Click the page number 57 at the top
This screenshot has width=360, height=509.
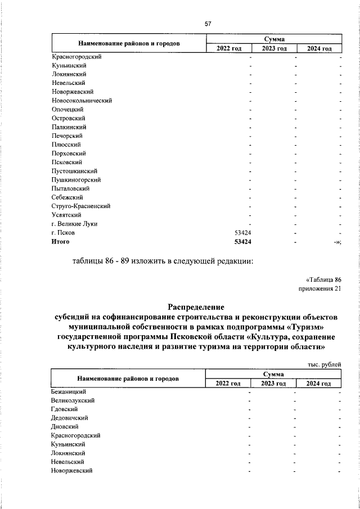208,24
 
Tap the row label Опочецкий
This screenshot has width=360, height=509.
67,109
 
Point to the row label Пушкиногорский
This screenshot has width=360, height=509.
76,179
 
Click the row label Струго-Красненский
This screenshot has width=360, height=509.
80,206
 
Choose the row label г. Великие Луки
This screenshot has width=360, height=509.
74,223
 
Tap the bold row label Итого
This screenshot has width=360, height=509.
60,241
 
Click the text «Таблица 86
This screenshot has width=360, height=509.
324,280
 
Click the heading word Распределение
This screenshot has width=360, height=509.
196,307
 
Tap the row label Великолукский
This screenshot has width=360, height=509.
73,400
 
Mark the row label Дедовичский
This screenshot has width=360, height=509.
69,418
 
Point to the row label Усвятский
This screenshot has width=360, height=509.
66,215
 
